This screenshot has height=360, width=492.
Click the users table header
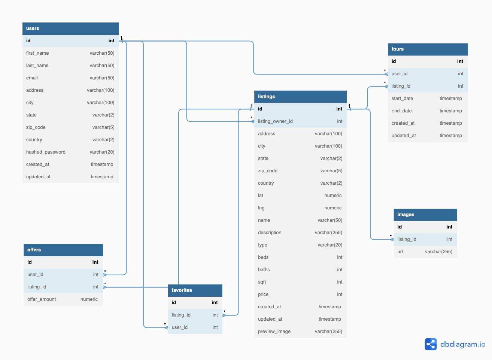point(70,28)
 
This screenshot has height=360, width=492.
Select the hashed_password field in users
point(46,152)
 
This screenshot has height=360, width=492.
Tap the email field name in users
point(32,78)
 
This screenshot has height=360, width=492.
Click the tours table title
point(397,49)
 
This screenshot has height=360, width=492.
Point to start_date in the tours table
point(402,99)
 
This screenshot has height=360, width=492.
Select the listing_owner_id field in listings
point(275,121)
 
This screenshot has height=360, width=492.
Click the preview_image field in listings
point(274,332)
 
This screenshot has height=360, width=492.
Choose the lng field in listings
point(261,208)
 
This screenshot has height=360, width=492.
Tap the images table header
point(425,215)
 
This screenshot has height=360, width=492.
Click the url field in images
point(400,252)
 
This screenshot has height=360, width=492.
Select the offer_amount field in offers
point(42,299)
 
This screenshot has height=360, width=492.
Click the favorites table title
point(182,290)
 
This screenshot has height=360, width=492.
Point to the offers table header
point(63,250)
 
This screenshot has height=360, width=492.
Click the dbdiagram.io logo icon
point(431,344)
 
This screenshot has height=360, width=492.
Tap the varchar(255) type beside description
point(328,233)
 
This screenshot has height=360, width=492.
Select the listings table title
point(266,97)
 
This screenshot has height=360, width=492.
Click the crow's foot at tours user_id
point(386,74)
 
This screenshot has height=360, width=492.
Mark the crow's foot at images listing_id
point(392,239)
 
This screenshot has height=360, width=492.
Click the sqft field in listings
point(262,282)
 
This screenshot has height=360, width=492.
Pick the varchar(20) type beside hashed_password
point(102,152)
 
